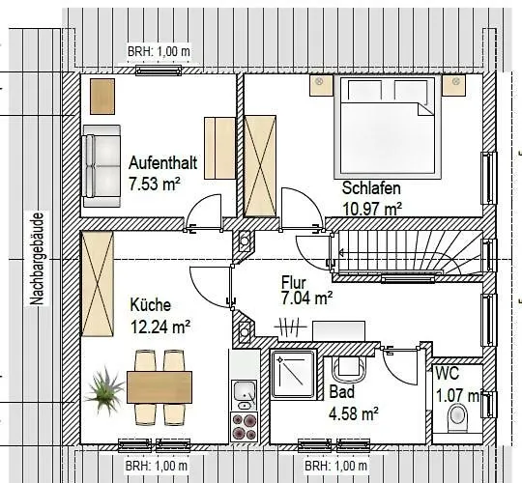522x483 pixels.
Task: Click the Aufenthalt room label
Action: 162,163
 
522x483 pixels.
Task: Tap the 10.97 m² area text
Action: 372,210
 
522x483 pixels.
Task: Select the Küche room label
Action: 151,304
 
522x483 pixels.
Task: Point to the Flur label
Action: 294,282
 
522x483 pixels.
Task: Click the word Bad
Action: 342,391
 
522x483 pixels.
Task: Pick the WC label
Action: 448,373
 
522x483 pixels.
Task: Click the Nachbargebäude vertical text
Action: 37,259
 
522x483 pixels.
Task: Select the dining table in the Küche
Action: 159,387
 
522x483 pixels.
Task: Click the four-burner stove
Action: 244,426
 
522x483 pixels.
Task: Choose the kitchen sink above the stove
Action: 245,395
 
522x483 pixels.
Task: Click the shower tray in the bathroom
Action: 293,374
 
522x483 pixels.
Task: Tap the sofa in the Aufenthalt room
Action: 101,166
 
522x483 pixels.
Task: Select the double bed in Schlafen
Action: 388,127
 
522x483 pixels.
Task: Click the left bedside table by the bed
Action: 321,85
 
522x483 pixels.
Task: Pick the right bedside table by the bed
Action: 453,85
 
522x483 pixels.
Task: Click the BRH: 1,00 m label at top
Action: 159,52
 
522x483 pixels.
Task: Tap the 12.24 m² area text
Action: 160,327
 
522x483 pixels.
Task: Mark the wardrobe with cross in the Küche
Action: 98,284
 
